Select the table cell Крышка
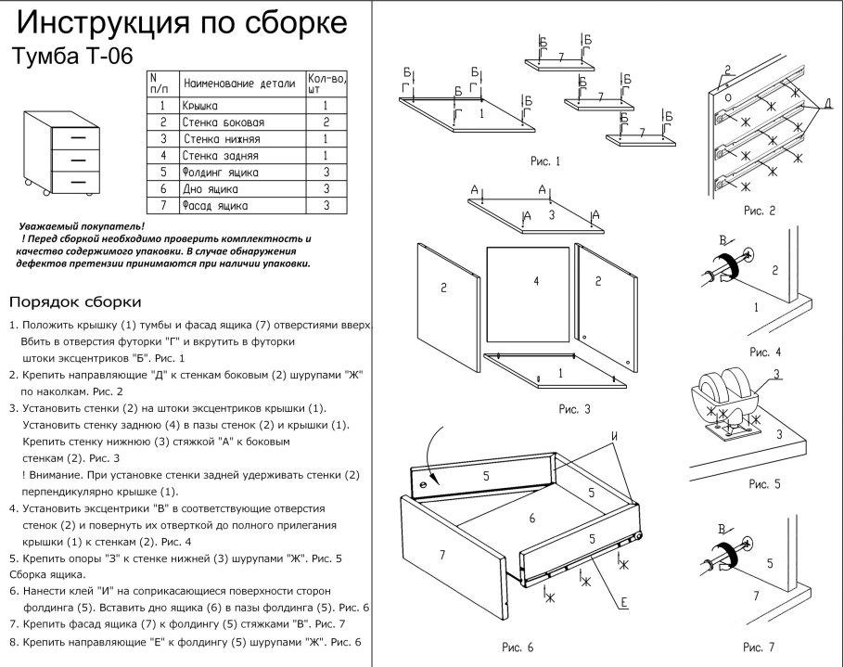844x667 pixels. coord(201,107)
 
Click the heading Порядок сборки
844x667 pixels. coord(74,302)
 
